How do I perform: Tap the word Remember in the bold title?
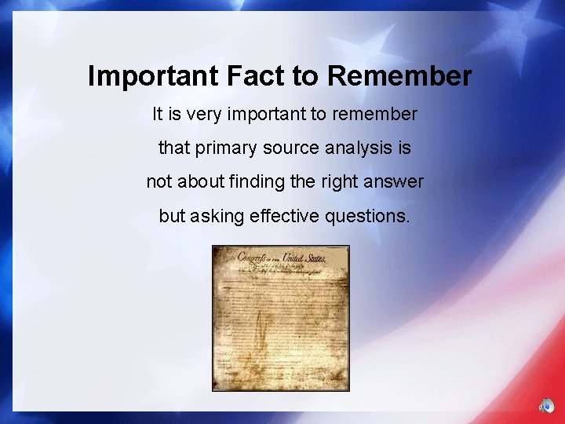point(399,76)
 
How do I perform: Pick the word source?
point(292,148)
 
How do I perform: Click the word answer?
point(395,181)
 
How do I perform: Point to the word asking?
point(216,216)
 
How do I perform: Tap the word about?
point(199,181)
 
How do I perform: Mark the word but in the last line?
point(171,216)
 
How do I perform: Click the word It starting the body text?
point(158,115)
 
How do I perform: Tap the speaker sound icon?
point(546,406)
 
